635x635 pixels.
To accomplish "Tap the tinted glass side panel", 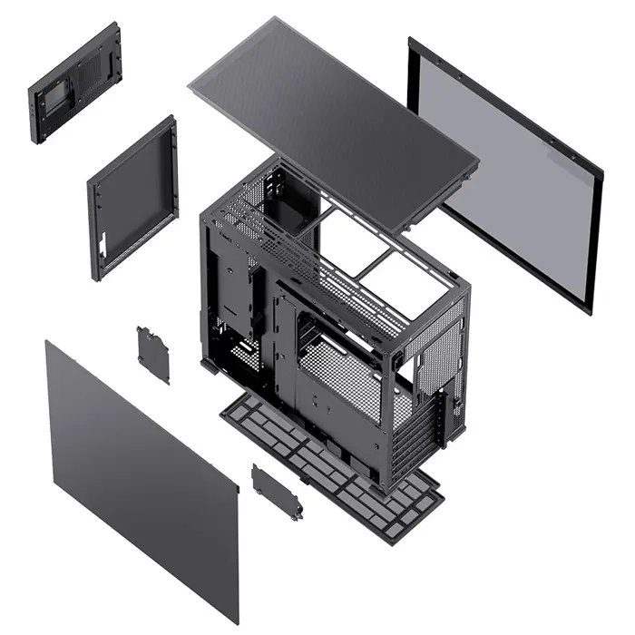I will [508, 172].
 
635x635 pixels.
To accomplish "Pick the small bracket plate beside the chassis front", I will [152, 354].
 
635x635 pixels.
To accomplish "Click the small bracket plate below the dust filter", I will [277, 492].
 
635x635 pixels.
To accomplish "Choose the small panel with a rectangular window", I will [74, 83].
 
